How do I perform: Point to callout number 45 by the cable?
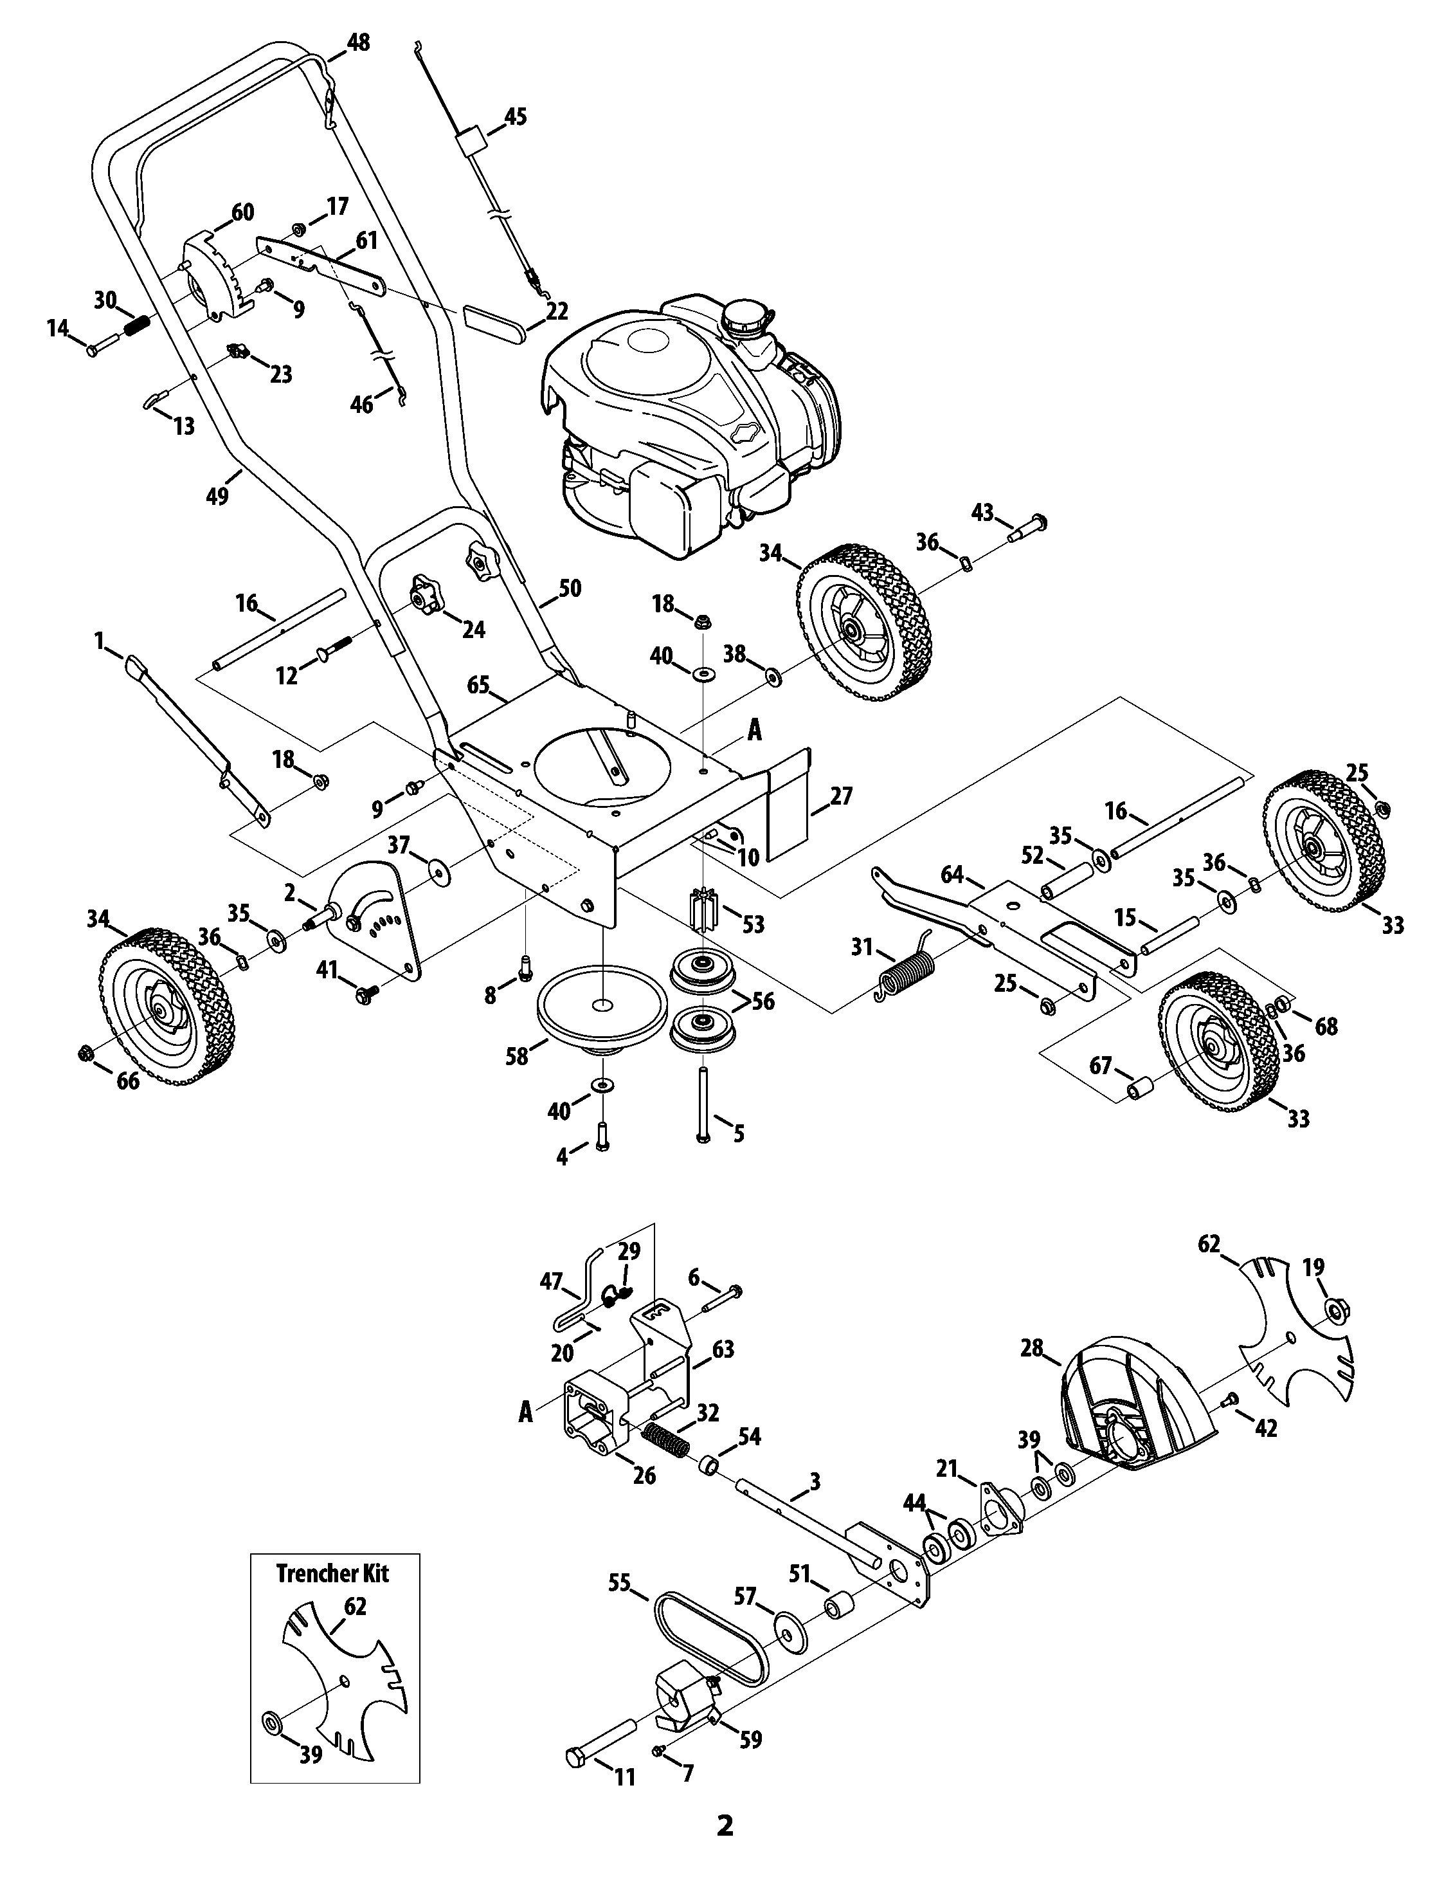pos(516,116)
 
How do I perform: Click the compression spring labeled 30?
pos(138,325)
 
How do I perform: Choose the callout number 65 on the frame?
pos(478,685)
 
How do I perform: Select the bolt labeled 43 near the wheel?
pos(1030,525)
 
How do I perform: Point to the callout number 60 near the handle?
pos(242,213)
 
